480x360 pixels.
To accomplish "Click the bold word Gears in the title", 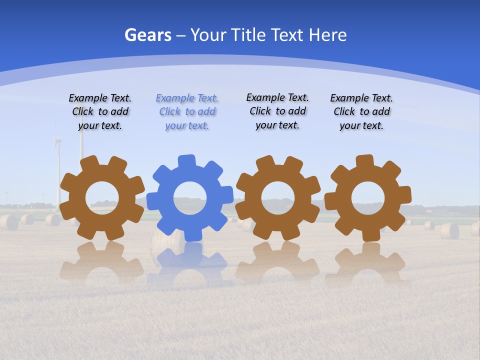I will point(148,35).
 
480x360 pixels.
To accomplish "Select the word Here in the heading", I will point(327,35).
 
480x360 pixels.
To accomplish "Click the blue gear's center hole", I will point(189,198).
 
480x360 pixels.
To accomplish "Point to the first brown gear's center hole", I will point(102,197).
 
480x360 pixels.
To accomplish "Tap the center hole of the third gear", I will point(277,197).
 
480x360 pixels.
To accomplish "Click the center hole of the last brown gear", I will point(367,198).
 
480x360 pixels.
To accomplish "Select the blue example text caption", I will point(187,112).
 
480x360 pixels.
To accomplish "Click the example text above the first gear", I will point(100,112).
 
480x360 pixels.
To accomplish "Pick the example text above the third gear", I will point(277,111).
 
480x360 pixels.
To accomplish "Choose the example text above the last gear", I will point(361,112).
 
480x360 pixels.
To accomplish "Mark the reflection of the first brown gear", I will point(102,262).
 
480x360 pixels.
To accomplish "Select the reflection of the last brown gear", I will point(367,262).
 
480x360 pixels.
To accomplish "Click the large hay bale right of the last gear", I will point(449,230).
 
